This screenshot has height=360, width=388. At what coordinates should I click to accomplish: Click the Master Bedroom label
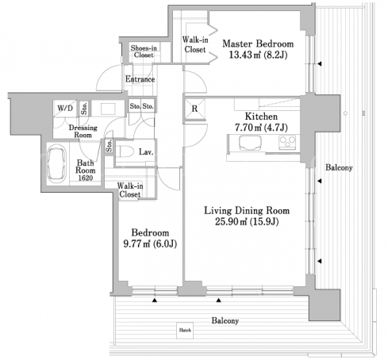[x=258, y=44]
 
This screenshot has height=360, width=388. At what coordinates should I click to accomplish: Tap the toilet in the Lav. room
[x=125, y=151]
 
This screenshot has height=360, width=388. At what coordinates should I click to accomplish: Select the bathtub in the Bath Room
[x=56, y=164]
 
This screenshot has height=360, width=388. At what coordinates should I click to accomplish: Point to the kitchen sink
[x=250, y=143]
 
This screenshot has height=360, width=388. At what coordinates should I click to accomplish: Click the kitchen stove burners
[x=287, y=143]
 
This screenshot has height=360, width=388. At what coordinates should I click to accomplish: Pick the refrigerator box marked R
[x=194, y=109]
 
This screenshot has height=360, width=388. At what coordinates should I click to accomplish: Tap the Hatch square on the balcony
[x=185, y=330]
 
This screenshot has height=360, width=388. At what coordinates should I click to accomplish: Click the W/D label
[x=65, y=108]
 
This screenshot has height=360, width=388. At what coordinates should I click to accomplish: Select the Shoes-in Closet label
[x=144, y=52]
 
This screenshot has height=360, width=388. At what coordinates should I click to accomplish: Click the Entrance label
[x=140, y=79]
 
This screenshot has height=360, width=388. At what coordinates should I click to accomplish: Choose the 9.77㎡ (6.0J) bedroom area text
[x=150, y=243]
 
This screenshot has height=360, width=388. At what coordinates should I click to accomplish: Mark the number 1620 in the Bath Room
[x=86, y=178]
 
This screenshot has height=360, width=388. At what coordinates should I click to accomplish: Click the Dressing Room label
[x=83, y=131]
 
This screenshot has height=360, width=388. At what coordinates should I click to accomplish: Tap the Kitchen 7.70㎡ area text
[x=248, y=128]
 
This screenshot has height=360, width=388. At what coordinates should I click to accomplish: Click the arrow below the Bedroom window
[x=155, y=301]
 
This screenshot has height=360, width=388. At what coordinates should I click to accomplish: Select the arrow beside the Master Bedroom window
[x=320, y=63]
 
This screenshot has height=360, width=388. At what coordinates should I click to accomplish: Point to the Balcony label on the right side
[x=339, y=167]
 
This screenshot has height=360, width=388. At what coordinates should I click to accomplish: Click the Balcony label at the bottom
[x=225, y=321]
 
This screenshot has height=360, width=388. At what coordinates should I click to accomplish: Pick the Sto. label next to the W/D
[x=84, y=109]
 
